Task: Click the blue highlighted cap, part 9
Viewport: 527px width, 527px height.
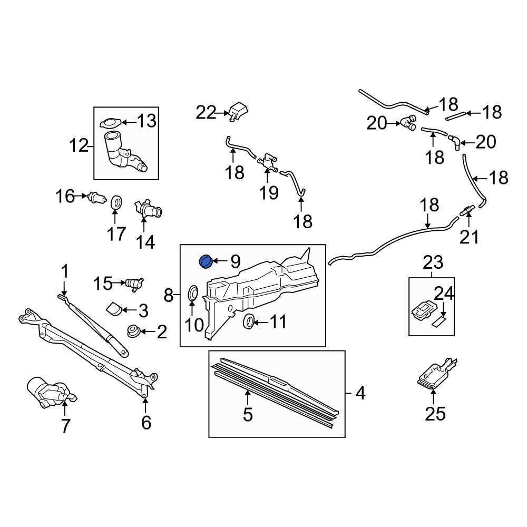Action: coord(205,261)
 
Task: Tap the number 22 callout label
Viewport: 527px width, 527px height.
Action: coord(206,112)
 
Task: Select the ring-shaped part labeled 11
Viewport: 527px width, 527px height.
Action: coord(248,321)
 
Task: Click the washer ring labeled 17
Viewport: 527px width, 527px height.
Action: coord(117,203)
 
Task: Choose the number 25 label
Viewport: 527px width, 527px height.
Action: coord(435,414)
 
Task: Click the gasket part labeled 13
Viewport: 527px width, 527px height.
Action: coord(109,123)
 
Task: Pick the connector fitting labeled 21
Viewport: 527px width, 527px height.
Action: coord(466,212)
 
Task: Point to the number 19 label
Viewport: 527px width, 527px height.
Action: coord(269,192)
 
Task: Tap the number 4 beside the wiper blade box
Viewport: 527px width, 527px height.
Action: coord(360,393)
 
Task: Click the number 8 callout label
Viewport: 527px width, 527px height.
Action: coord(169,296)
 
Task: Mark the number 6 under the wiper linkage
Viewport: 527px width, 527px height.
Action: coord(146,422)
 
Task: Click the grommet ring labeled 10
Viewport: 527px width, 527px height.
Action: coord(193,294)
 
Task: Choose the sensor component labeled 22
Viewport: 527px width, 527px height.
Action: coord(239,112)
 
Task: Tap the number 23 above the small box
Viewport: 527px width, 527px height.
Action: coord(433,262)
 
